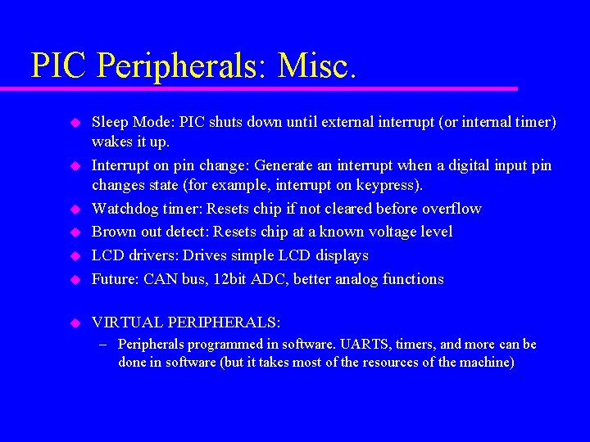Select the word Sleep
coord(109,123)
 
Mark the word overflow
coord(452,209)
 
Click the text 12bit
coord(234,279)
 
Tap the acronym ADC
coord(274,279)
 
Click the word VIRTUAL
coord(128,322)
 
